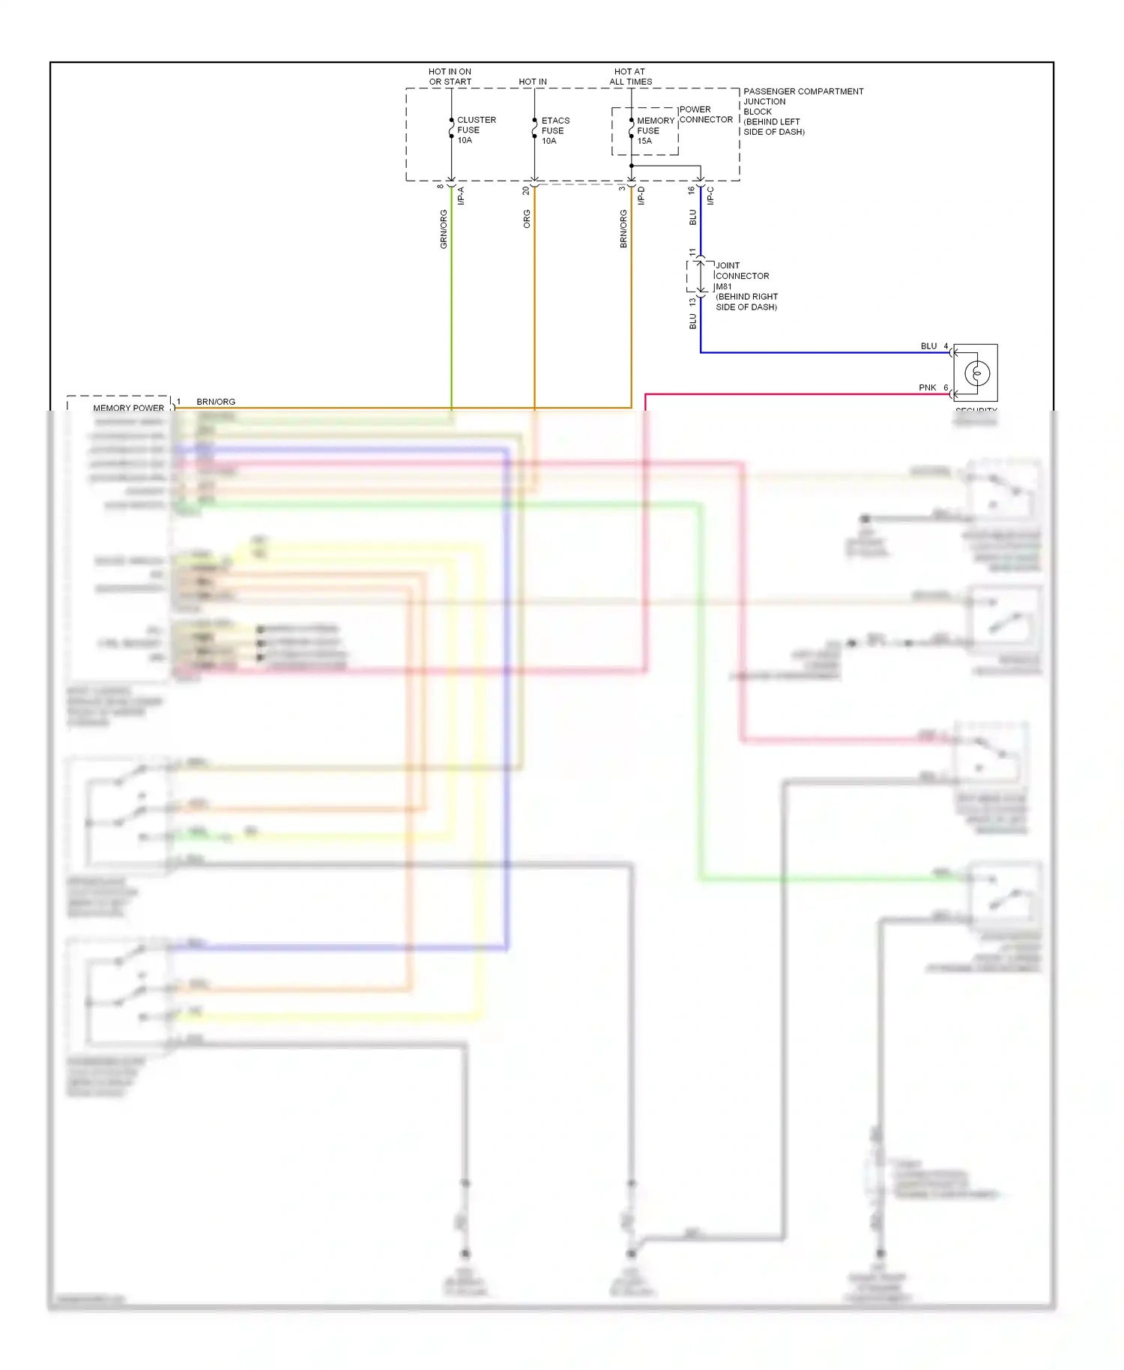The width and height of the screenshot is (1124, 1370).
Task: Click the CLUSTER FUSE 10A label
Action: pos(476,130)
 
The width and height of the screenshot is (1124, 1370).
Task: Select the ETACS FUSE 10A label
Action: pos(555,130)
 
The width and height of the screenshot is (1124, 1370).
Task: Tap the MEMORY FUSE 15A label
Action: pos(654,130)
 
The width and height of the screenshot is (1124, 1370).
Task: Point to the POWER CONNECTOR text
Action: pos(706,115)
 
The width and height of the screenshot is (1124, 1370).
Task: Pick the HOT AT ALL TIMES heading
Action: pos(630,76)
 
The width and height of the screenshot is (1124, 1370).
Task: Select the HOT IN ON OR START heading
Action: pos(450,76)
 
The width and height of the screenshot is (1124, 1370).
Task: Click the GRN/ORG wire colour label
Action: pos(444,229)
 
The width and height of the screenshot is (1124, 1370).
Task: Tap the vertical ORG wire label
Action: pos(527,219)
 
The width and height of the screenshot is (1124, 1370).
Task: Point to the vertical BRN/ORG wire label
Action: pos(623,229)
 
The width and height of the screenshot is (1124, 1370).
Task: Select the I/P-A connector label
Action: pos(461,196)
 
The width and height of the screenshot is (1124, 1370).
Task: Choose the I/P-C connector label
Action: pos(710,196)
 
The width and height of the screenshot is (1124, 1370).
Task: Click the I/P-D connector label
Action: pos(641,196)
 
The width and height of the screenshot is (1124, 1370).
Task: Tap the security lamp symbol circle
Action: pos(977,372)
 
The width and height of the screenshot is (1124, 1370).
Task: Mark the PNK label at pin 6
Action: pos(928,387)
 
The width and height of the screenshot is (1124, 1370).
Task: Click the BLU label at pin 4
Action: pos(928,346)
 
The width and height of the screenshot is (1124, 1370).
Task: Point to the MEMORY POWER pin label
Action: pos(128,408)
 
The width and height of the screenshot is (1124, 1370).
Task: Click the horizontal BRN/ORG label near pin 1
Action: pos(216,402)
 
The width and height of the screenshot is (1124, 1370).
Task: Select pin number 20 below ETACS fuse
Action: pos(526,191)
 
